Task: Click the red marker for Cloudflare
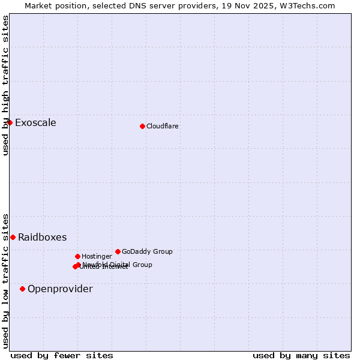(142, 126)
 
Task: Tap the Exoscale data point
(10, 122)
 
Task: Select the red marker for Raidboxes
(13, 237)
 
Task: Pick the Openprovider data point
(22, 289)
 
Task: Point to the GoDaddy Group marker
(118, 251)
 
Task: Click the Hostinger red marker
(77, 256)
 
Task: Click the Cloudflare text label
(163, 126)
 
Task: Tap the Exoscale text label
(35, 123)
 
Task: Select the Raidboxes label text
(42, 238)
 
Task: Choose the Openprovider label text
(60, 289)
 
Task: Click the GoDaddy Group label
(147, 251)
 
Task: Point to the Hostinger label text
(97, 256)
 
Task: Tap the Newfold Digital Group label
(118, 265)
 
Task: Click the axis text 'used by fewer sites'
(62, 355)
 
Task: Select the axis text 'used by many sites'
(301, 355)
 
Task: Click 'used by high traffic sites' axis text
(5, 86)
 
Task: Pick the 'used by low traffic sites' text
(5, 280)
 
